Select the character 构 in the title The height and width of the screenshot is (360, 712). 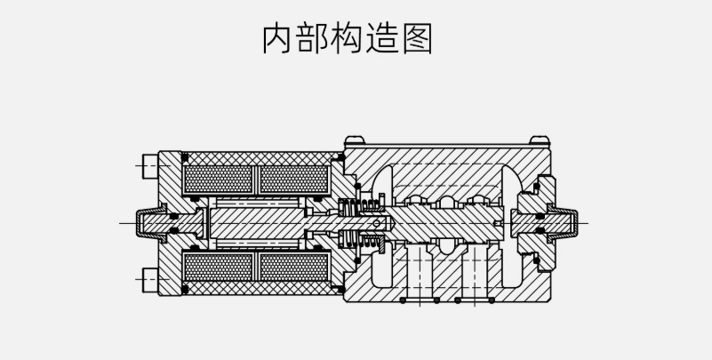pyautogui.click(x=356, y=39)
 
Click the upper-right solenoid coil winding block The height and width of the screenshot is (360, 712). pyautogui.click(x=293, y=180)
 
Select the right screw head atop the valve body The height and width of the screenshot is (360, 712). pyautogui.click(x=540, y=140)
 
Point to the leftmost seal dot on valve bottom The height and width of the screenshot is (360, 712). pyautogui.click(x=402, y=301)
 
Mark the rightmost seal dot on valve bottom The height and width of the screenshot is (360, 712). pyautogui.click(x=493, y=301)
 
